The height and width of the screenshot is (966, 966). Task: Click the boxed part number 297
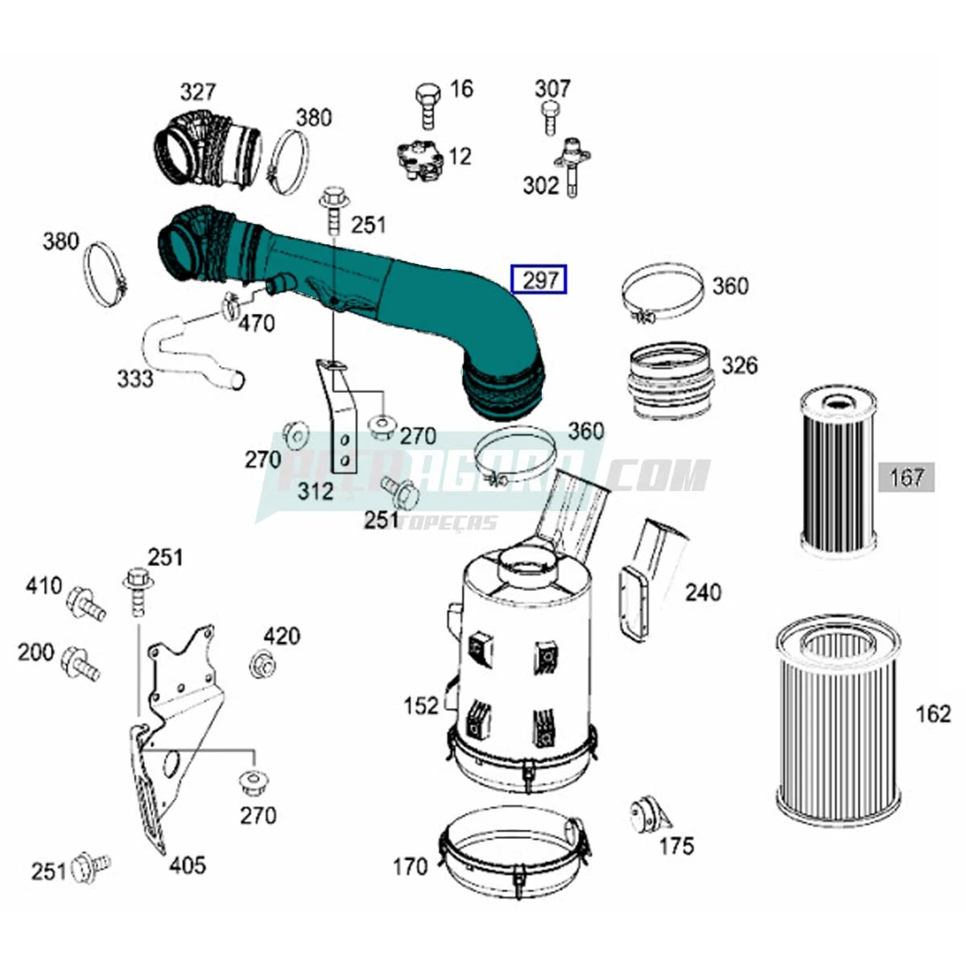540,279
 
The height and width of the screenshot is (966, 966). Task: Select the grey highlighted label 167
906,477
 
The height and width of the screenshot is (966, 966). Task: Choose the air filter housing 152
523,668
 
